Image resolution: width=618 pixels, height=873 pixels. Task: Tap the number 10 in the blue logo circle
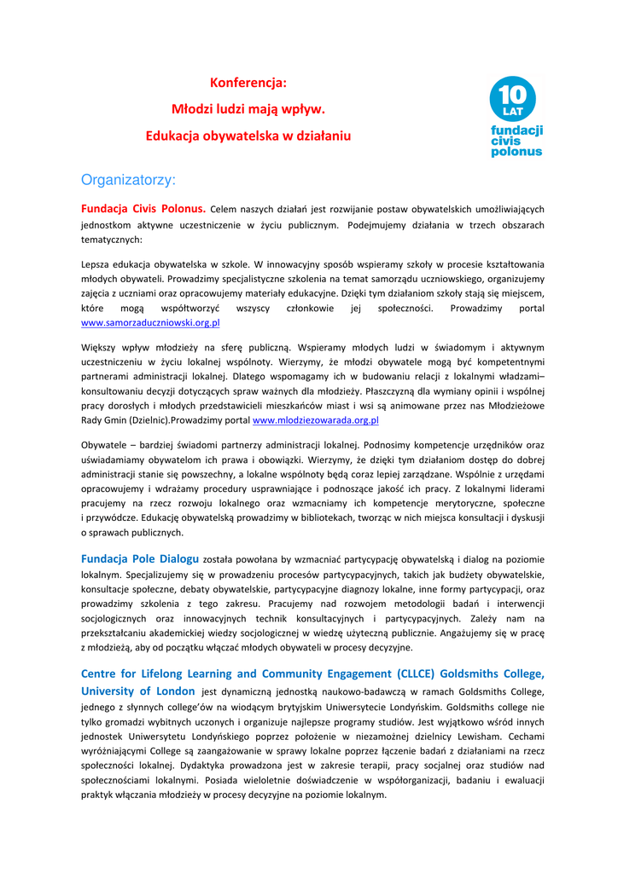click(512, 91)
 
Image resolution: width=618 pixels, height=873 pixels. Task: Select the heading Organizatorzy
click(128, 180)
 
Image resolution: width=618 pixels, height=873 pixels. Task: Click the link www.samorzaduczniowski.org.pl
click(150, 323)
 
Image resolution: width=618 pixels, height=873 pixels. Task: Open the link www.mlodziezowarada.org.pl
click(316, 420)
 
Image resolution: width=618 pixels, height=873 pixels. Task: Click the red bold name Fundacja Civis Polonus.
click(143, 208)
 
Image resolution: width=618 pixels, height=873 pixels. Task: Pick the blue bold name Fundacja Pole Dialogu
click(139, 559)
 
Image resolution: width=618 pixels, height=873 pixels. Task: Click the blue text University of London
click(137, 691)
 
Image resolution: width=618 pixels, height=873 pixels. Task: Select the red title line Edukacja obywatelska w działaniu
click(248, 136)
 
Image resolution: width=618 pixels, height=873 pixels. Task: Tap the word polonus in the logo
click(516, 152)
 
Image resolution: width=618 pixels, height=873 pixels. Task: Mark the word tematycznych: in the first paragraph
click(111, 240)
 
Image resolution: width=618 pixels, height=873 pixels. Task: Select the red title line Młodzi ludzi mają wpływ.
click(248, 109)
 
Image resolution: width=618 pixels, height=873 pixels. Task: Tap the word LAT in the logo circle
click(512, 111)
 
